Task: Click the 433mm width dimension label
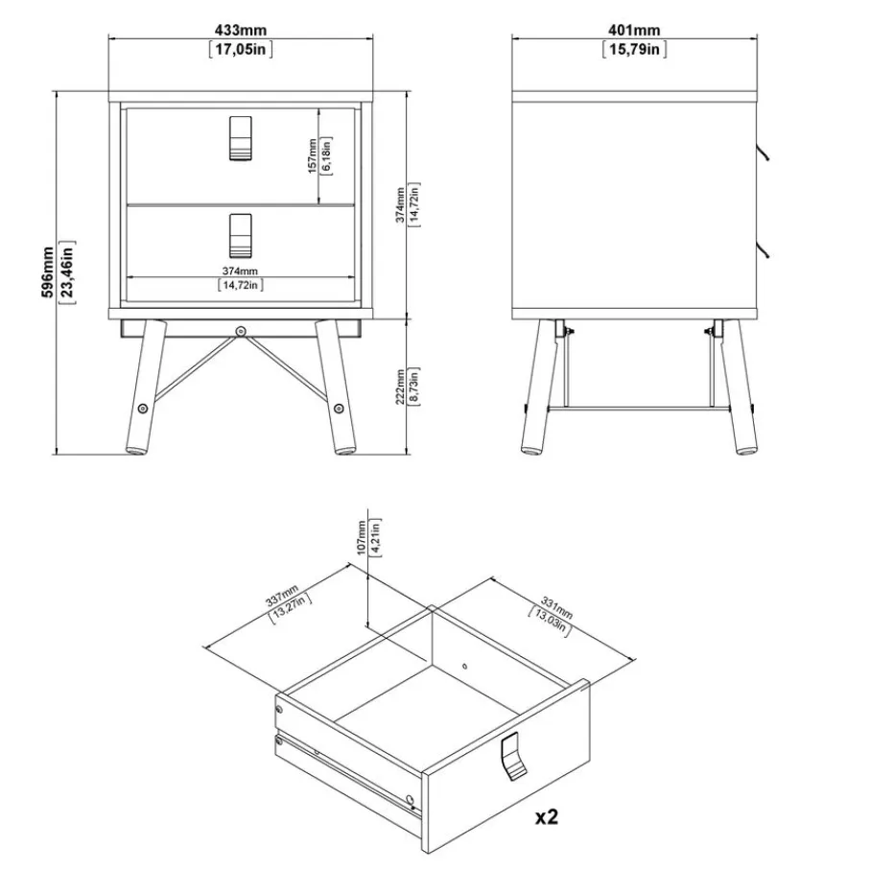click(240, 30)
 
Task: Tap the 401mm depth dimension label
click(634, 30)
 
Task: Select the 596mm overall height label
click(48, 272)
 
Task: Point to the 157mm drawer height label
click(313, 156)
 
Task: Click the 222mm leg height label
click(400, 388)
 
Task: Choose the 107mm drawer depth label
click(362, 537)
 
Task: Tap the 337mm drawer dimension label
click(282, 595)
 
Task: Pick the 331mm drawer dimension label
click(556, 608)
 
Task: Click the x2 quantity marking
click(546, 816)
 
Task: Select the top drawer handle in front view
click(240, 138)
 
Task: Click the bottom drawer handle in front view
click(240, 236)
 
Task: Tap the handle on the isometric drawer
click(513, 756)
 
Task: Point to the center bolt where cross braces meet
click(240, 332)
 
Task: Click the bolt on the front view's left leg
click(143, 409)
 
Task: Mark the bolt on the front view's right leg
click(339, 409)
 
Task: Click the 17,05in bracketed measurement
click(241, 49)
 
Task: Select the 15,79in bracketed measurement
click(635, 49)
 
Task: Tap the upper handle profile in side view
click(763, 149)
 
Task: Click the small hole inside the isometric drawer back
click(464, 666)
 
